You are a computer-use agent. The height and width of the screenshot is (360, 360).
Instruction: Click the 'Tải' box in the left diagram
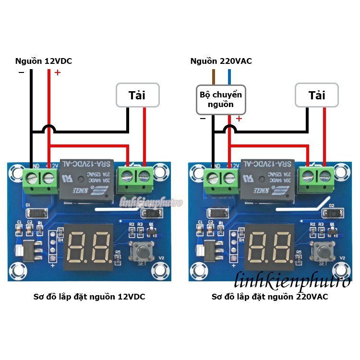pos(137,95)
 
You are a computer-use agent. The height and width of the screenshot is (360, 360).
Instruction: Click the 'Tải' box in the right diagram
pos(317,95)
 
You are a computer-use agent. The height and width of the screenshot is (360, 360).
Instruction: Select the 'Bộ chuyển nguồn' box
pos(221,99)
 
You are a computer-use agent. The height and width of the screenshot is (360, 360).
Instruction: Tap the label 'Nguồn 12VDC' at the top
pos(44,61)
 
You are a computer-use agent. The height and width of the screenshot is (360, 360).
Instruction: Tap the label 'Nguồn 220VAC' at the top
pos(221,61)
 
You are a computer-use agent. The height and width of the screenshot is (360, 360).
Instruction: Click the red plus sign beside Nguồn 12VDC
pos(58,73)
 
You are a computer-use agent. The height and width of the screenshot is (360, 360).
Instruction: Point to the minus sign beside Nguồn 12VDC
pos(21,72)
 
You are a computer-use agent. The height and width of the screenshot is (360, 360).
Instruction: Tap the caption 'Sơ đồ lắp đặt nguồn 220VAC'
pos(270,297)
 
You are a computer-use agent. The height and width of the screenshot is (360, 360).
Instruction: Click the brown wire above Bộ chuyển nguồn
pos(214,77)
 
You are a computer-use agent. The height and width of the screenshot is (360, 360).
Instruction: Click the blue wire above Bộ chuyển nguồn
pos(229,77)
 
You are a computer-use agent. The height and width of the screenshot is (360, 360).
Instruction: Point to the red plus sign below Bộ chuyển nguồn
pos(239,119)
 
